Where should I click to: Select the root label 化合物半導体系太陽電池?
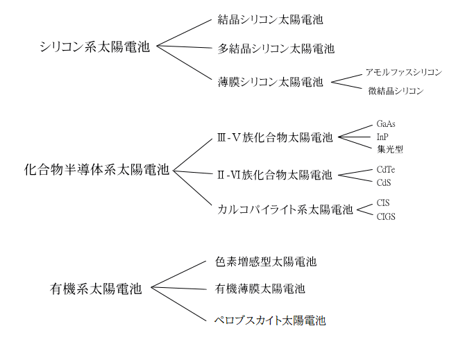click(96, 169)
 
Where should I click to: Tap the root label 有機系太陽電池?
click(96, 289)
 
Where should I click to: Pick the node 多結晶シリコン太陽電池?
click(276, 49)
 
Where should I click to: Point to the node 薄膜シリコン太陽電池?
click(270, 81)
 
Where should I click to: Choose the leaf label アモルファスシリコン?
click(403, 72)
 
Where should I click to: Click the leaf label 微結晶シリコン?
click(396, 91)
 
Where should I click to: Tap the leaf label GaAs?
click(387, 123)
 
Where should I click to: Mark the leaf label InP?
click(382, 136)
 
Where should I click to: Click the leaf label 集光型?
click(390, 148)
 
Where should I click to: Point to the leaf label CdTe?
click(387, 169)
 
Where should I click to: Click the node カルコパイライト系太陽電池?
click(285, 209)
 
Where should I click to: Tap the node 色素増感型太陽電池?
click(267, 262)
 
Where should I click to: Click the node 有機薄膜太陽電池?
click(260, 288)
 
